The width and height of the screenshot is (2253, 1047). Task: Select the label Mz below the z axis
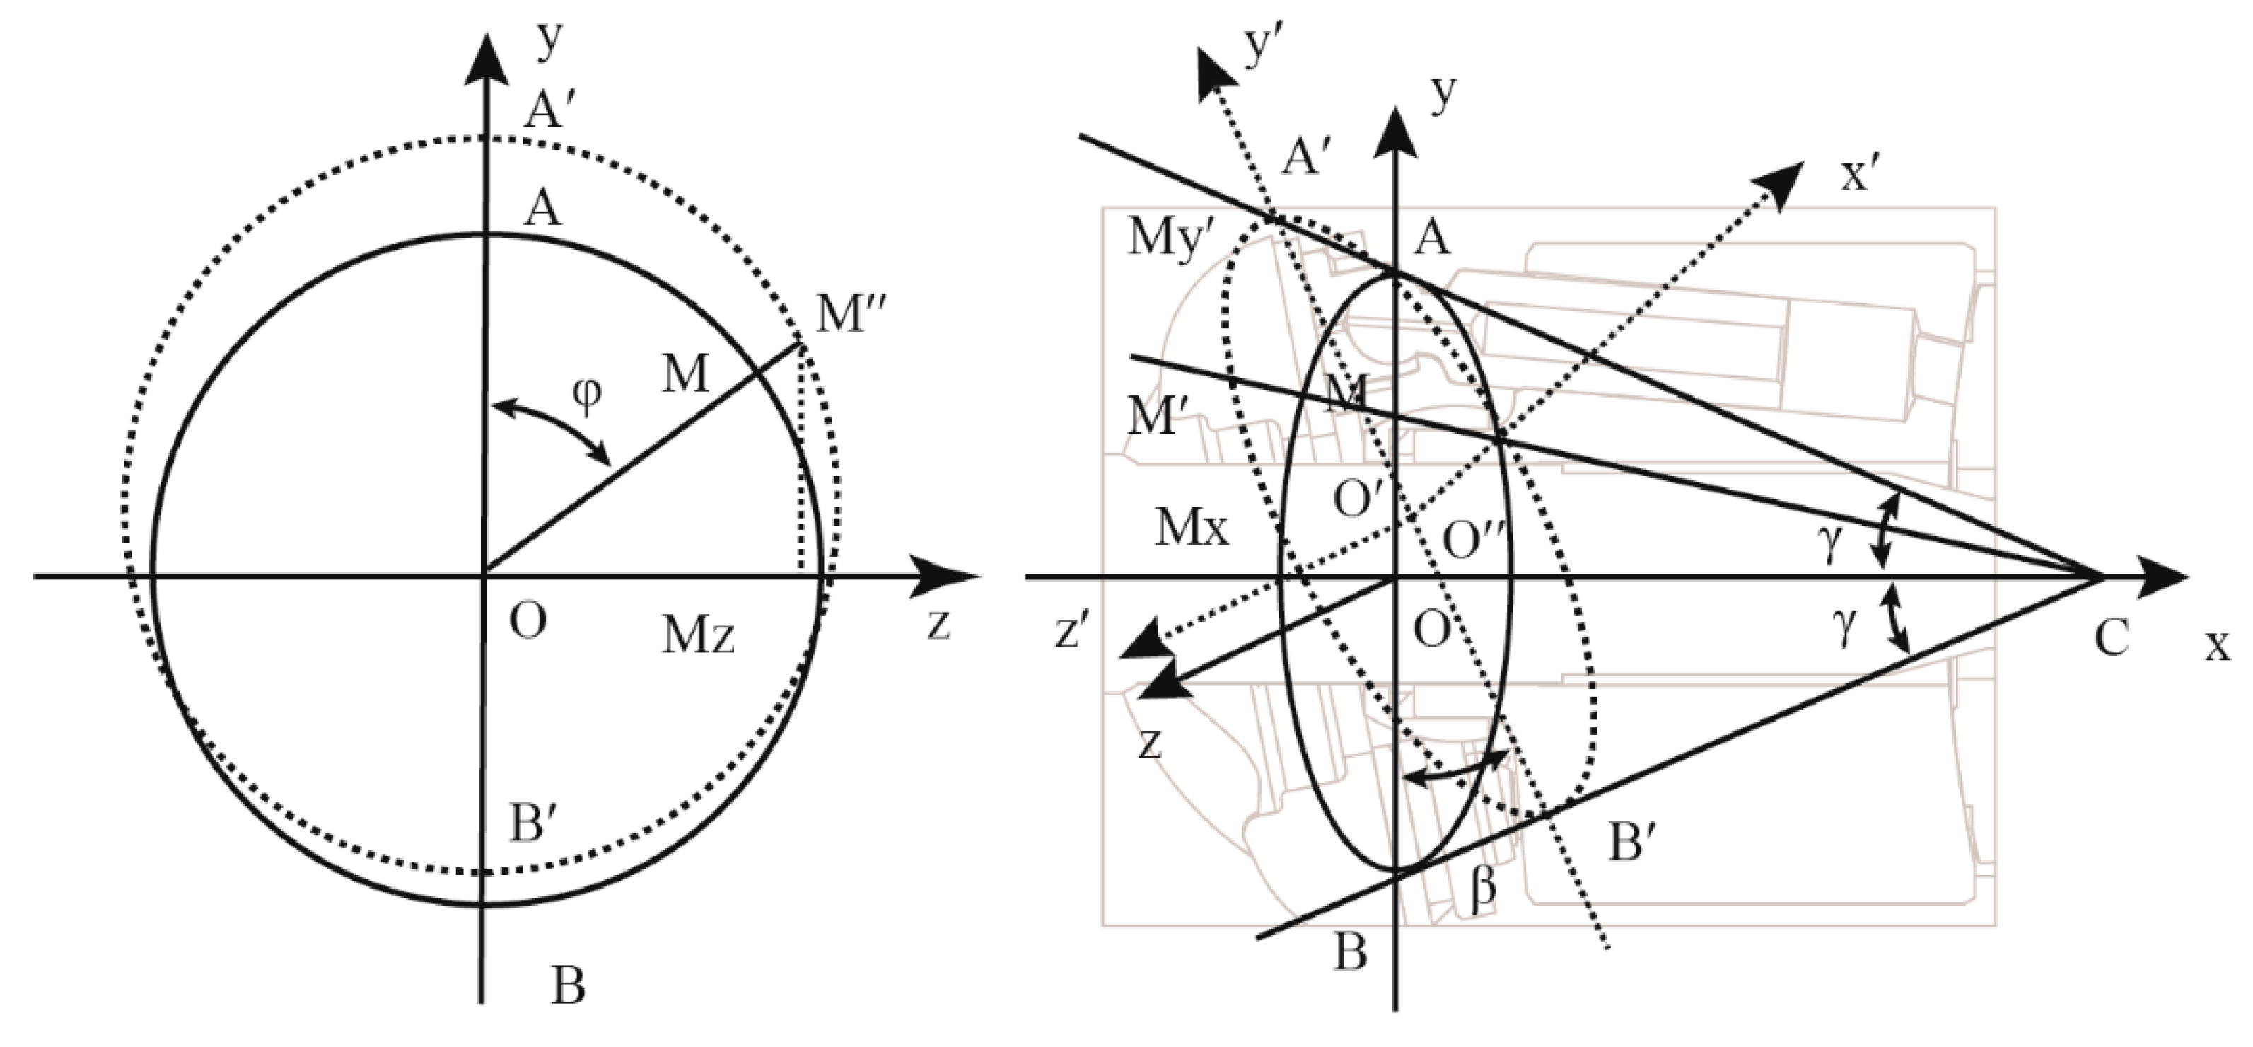[697, 637]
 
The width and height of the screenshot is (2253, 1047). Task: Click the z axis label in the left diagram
[938, 625]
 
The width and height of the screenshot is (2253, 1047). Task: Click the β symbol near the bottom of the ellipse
[1481, 892]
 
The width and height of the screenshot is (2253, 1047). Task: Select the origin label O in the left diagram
[528, 621]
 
